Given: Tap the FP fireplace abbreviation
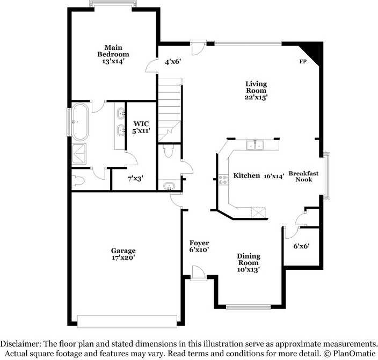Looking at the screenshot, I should click(303, 62).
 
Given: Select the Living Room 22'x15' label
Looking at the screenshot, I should click(256, 91).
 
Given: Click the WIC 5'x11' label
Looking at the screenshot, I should click(141, 127).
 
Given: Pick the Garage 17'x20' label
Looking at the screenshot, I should click(123, 254).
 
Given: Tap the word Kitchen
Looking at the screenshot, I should click(246, 176).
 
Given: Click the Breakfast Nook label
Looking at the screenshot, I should click(303, 177).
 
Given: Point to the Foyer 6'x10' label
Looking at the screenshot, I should click(199, 246).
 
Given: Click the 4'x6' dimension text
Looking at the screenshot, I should click(172, 62).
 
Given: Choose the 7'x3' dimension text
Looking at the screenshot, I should click(135, 179).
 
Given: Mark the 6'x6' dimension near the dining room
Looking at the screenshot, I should click(301, 246).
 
